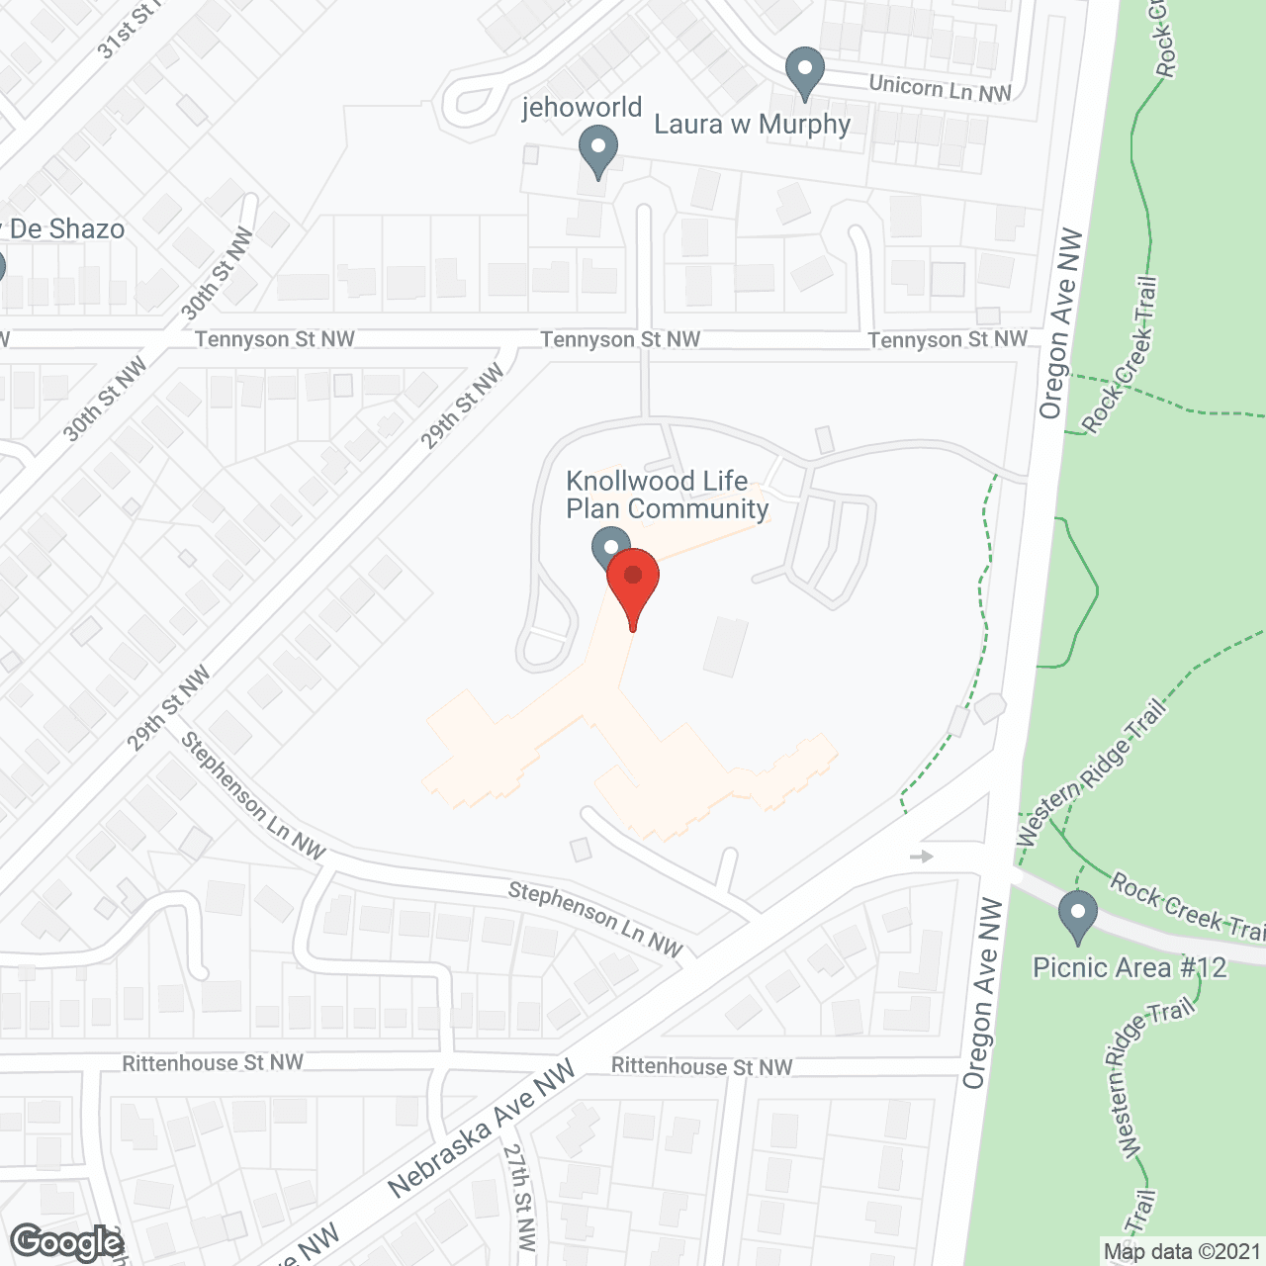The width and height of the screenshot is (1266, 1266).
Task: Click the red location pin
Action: [633, 580]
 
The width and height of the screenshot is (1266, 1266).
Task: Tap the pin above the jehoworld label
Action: [597, 153]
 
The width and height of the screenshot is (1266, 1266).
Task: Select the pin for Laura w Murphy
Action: [805, 71]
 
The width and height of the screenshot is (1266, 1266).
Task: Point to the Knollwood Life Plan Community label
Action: [667, 495]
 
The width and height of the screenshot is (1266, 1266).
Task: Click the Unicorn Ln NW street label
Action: [940, 88]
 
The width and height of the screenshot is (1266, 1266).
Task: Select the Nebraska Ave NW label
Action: [481, 1129]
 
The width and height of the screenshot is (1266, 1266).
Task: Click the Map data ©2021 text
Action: [1182, 1251]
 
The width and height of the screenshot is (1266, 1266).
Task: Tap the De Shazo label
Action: [65, 229]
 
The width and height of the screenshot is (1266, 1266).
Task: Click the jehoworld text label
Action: [582, 107]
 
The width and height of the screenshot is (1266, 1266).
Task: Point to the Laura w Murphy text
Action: [752, 125]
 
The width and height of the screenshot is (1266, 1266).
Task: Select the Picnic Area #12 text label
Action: [1130, 967]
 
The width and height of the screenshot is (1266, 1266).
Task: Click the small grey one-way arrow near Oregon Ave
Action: [922, 857]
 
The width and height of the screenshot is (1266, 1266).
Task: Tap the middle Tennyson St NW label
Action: [620, 339]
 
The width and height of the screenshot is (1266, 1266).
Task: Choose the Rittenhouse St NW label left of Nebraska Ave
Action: [213, 1063]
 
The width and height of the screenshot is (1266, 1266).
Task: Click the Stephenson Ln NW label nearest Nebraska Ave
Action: [595, 919]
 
